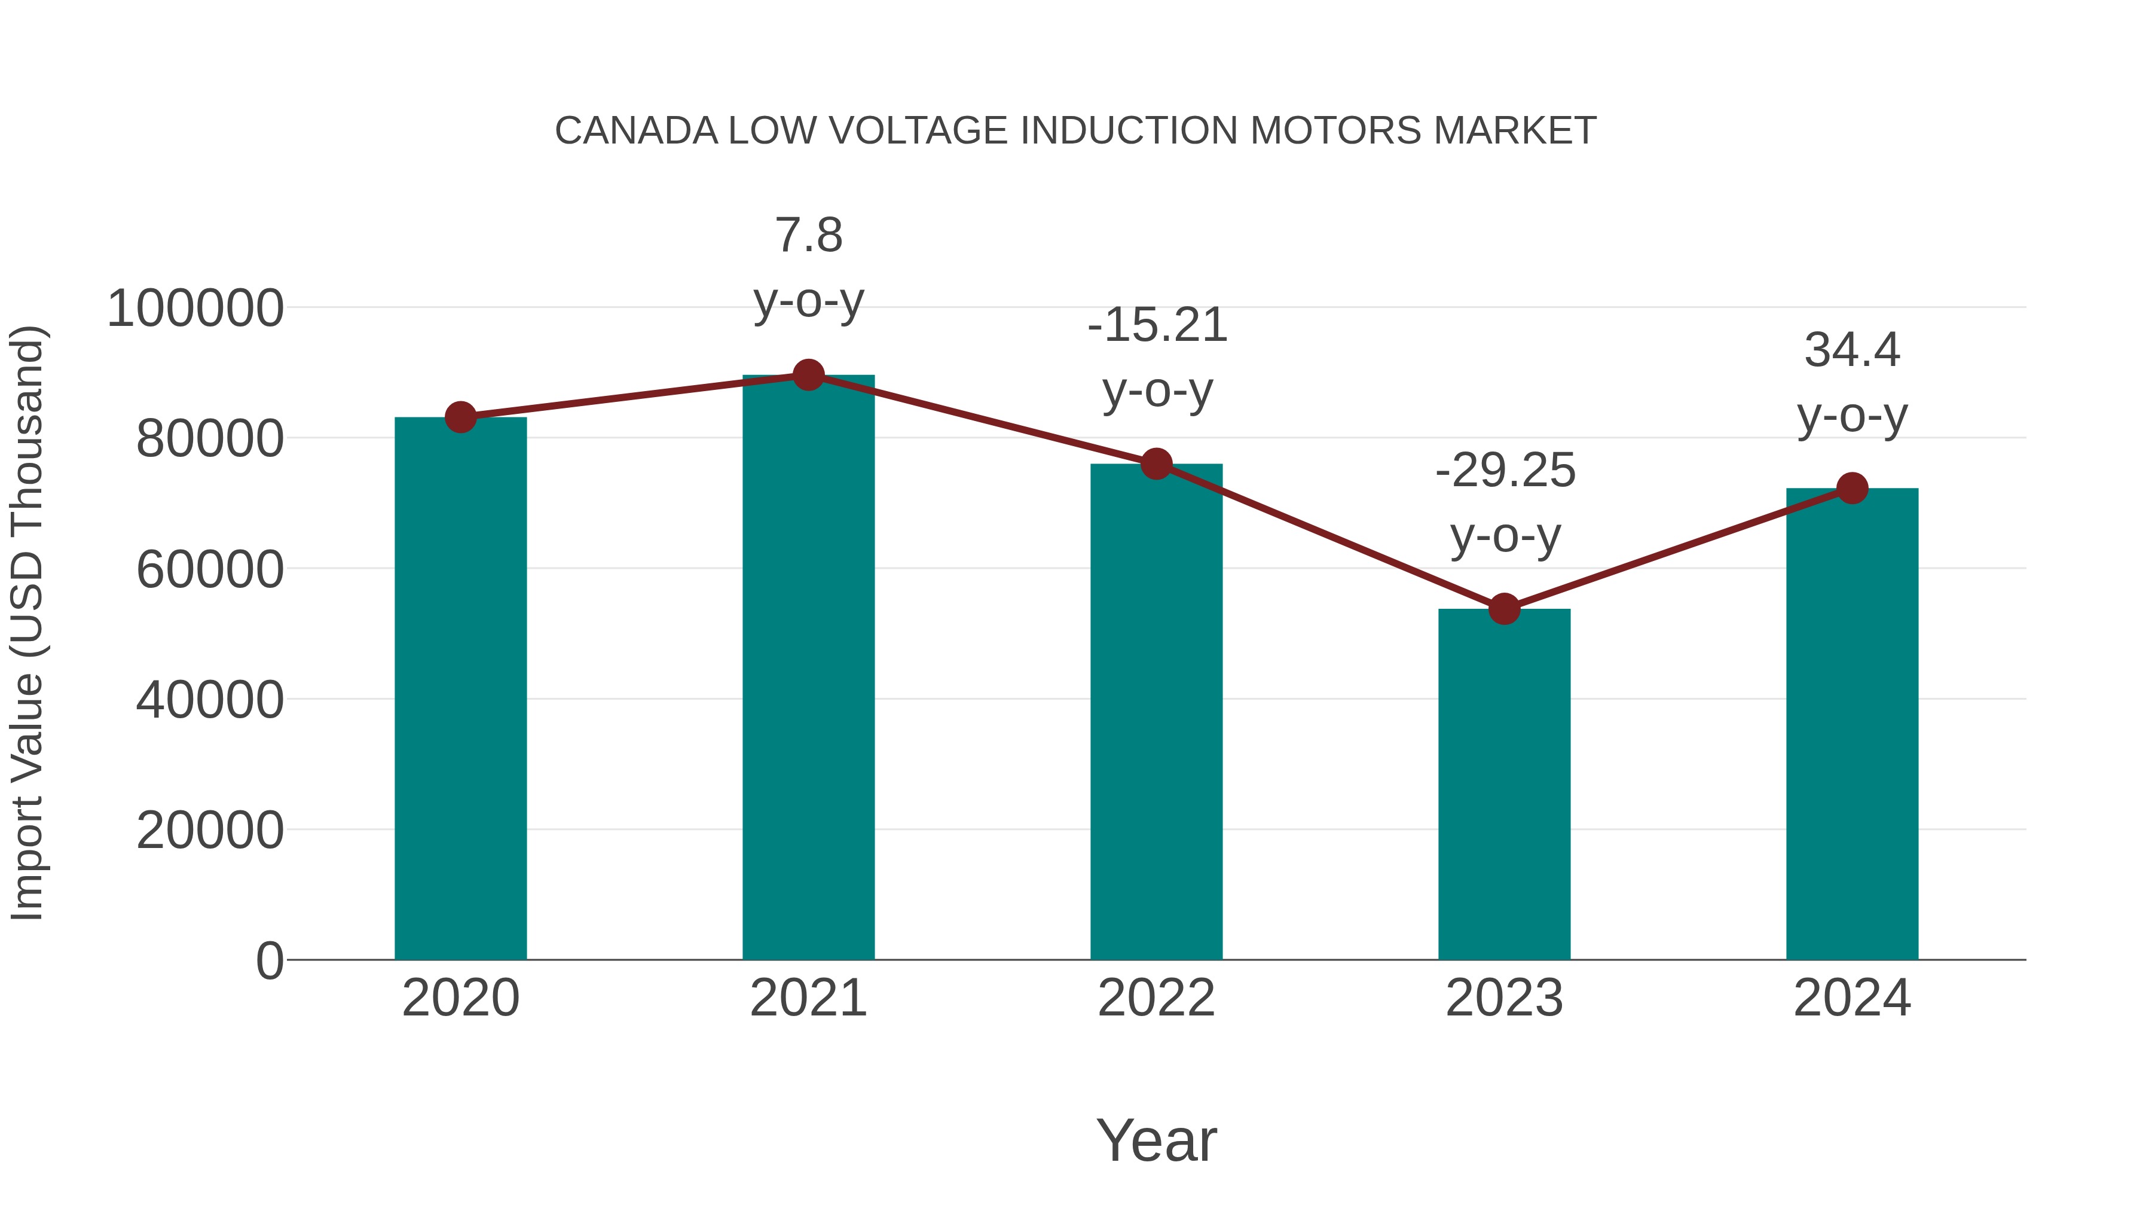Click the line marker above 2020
click(x=460, y=417)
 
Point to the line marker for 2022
click(x=1156, y=464)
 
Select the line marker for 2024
click(x=1852, y=488)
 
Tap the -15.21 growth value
click(x=1157, y=326)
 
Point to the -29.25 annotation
click(x=1505, y=471)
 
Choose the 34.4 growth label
click(x=1852, y=350)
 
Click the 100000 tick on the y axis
click(x=195, y=309)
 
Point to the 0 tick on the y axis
click(x=269, y=960)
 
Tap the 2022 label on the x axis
click(x=1156, y=998)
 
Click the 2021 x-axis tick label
click(x=808, y=998)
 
